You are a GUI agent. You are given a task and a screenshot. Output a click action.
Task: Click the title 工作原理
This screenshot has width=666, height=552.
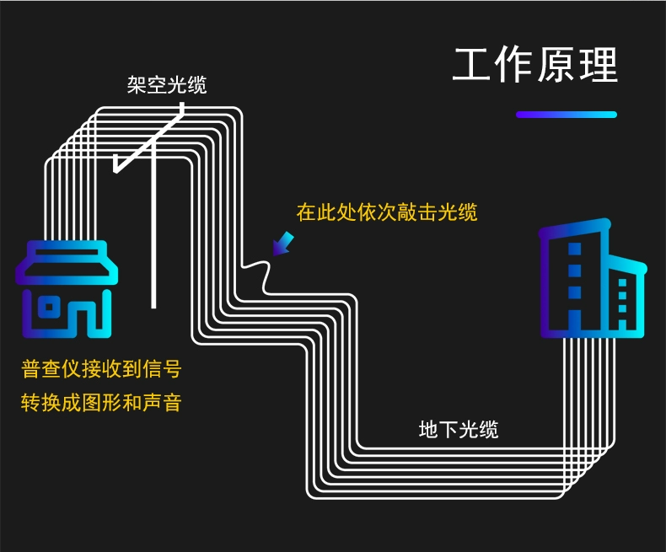(535, 65)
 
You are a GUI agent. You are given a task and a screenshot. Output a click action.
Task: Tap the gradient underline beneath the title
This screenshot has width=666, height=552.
(567, 115)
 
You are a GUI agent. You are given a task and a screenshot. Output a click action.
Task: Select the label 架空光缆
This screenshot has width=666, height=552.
(167, 84)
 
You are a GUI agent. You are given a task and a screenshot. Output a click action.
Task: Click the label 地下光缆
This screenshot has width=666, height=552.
(459, 429)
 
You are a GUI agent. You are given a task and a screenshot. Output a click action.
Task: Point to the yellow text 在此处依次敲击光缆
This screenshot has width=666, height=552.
(387, 212)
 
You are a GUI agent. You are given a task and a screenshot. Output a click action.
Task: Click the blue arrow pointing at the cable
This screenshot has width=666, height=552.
(283, 244)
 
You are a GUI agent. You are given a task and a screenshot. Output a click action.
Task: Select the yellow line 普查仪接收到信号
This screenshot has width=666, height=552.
(101, 368)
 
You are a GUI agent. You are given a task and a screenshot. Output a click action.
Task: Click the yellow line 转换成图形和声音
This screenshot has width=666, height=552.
(101, 403)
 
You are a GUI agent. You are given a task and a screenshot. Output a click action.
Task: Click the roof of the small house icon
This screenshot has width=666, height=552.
(67, 262)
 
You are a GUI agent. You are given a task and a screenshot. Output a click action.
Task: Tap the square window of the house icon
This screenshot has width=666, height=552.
(49, 308)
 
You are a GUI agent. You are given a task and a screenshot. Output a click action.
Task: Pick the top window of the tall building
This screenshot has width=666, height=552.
(574, 249)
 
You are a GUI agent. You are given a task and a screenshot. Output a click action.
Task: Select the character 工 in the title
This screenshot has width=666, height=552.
(470, 65)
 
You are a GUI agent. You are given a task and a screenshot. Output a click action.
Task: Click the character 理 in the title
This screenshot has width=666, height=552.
(599, 65)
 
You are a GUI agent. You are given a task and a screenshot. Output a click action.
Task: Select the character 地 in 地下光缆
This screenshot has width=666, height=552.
(428, 429)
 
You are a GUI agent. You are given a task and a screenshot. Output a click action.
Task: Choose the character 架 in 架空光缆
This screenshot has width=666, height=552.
(137, 84)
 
